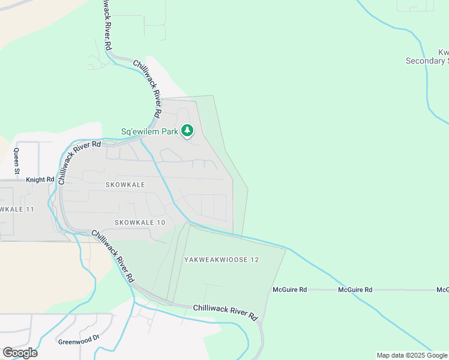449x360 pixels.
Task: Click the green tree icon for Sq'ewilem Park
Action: [x=188, y=130]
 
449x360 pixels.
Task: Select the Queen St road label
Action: [x=17, y=161]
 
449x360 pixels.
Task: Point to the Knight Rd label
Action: [x=41, y=179]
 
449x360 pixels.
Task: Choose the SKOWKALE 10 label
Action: [x=139, y=222]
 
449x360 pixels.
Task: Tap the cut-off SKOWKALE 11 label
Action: [x=17, y=209]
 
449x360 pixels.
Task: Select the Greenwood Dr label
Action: [x=78, y=342]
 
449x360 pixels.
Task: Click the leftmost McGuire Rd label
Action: [x=290, y=290]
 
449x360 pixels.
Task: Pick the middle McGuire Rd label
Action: [x=355, y=290]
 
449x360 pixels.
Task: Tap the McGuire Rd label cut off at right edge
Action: [x=442, y=290]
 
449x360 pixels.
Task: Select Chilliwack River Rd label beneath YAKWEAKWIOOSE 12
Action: [x=225, y=311]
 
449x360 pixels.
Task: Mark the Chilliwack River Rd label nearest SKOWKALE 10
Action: [x=112, y=256]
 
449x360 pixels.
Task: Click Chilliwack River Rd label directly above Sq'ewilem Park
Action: [x=146, y=88]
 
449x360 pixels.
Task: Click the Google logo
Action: [x=20, y=353]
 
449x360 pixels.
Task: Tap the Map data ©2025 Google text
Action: [x=412, y=355]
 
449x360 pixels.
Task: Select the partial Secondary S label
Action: [x=427, y=61]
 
